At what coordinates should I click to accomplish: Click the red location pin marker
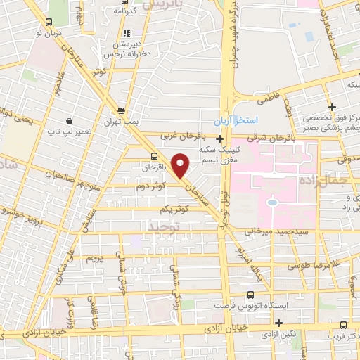(x=181, y=166)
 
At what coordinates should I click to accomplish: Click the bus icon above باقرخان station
(x=154, y=156)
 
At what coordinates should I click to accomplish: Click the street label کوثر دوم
(x=151, y=186)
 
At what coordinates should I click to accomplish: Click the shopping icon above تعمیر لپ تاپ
(x=68, y=120)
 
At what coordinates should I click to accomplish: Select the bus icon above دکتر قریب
(x=343, y=324)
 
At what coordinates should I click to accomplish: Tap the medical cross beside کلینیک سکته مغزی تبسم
(x=220, y=139)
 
